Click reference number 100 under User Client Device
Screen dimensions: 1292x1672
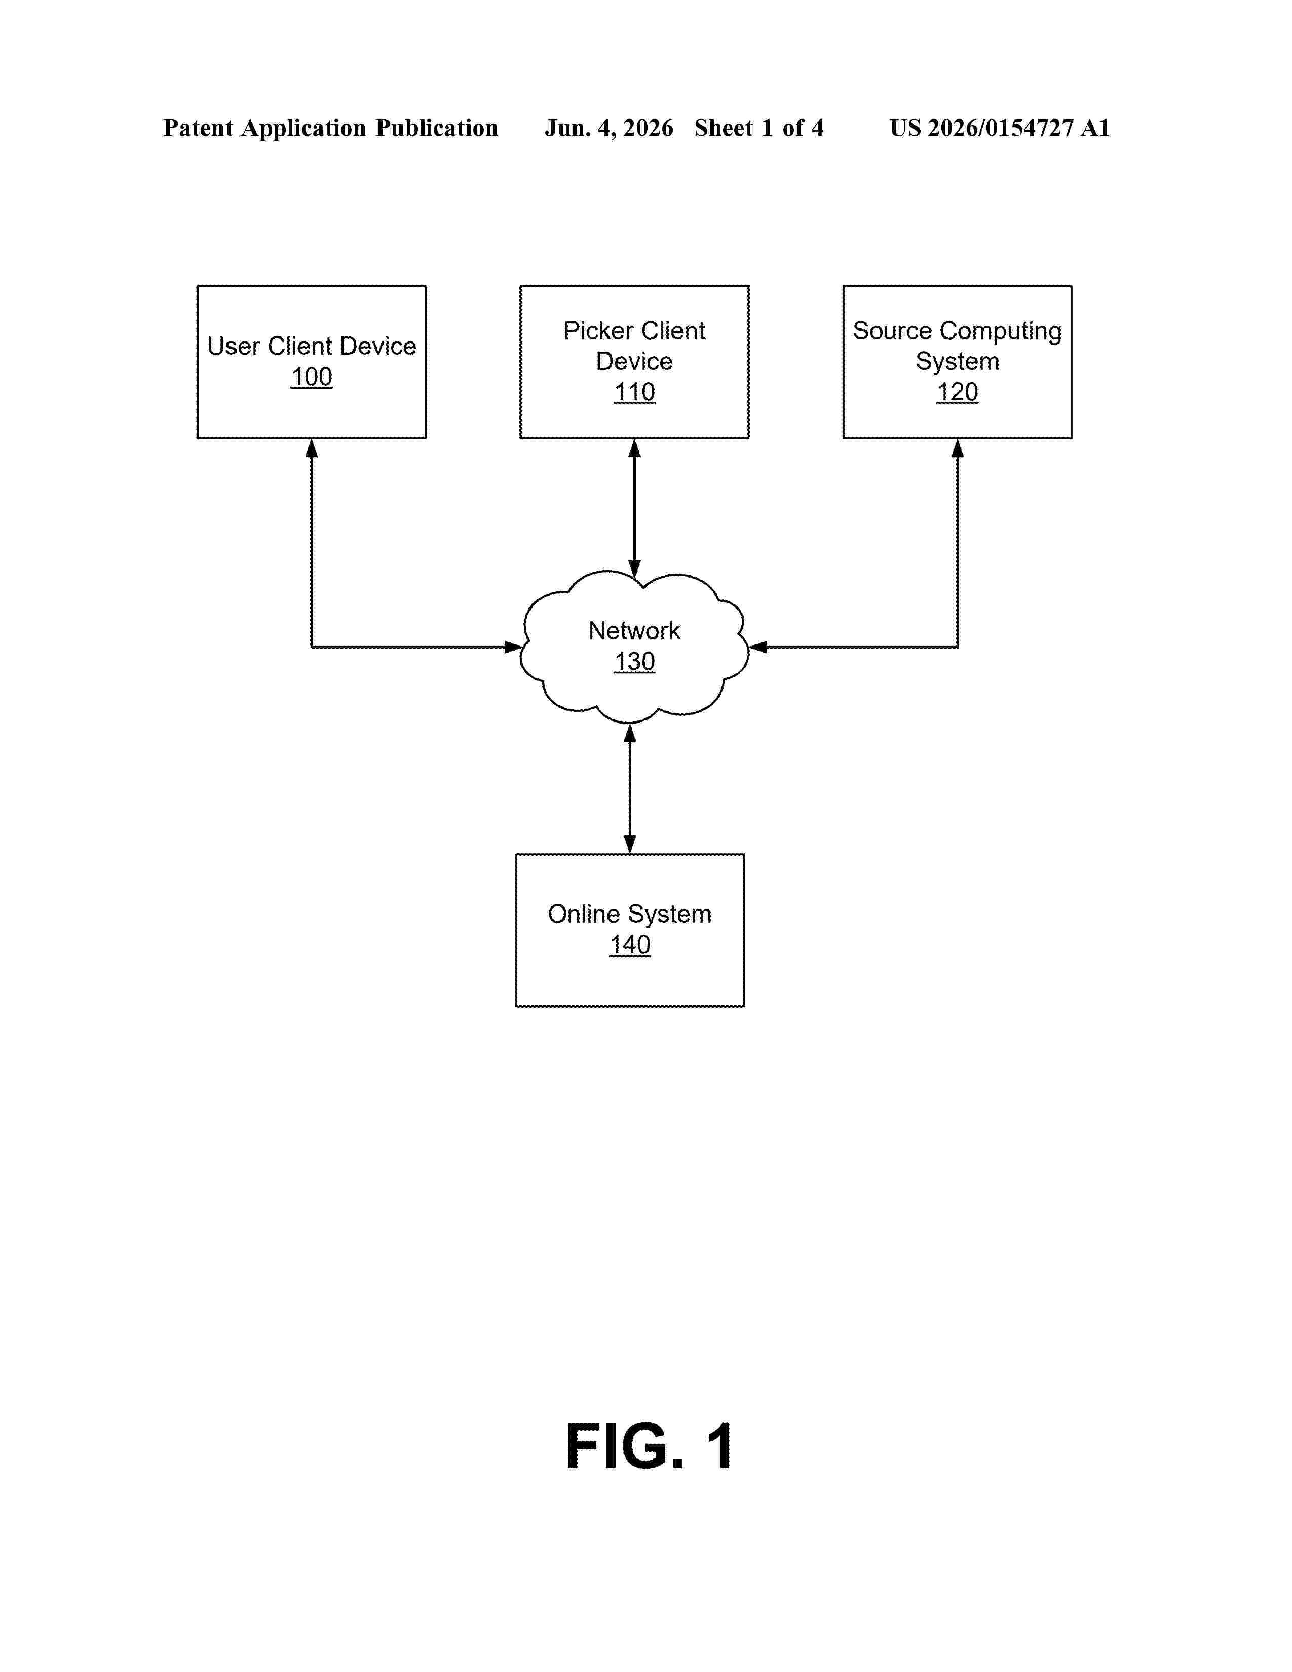click(312, 376)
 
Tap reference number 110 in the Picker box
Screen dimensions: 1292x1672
click(634, 392)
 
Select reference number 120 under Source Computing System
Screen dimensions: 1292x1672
click(958, 392)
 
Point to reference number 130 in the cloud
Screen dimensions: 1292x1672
click(634, 661)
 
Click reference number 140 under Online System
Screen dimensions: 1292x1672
click(630, 945)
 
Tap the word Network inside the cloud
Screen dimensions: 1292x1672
click(634, 631)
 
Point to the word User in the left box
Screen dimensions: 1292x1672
click(234, 346)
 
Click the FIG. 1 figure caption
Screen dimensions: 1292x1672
click(649, 1446)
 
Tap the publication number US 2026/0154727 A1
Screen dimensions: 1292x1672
click(1000, 128)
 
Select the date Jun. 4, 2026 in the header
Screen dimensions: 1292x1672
click(609, 128)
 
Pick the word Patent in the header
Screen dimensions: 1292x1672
click(198, 128)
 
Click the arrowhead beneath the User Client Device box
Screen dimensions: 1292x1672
click(312, 448)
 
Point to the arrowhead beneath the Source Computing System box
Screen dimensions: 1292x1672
click(958, 448)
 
